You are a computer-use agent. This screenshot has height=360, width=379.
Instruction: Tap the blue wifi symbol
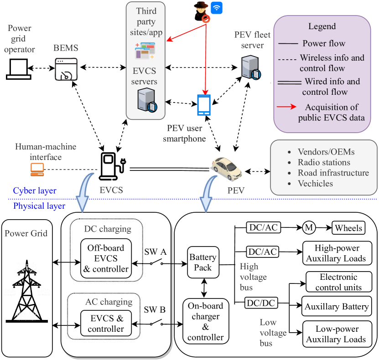(x=216, y=8)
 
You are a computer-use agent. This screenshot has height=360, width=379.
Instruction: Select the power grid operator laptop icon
(x=19, y=68)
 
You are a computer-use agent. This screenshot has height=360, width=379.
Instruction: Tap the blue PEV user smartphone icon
(x=204, y=105)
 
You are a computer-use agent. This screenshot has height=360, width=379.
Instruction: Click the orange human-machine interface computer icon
(x=36, y=169)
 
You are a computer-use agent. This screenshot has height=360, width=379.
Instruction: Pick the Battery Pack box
(x=202, y=263)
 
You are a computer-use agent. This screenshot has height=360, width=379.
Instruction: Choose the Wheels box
(x=348, y=228)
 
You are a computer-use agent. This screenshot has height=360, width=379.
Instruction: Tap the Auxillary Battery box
(x=336, y=306)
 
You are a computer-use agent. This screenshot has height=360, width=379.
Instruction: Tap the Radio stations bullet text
(x=324, y=162)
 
